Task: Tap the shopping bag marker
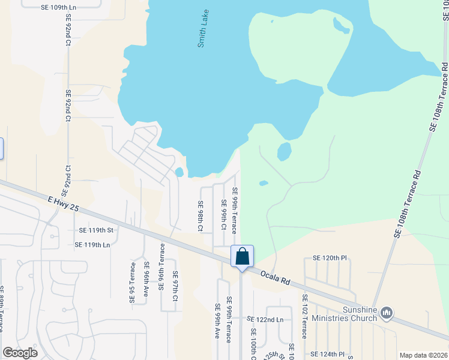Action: [242, 257]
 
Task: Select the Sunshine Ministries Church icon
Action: [387, 313]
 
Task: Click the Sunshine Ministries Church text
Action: [351, 313]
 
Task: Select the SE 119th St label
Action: [96, 230]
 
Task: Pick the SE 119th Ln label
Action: [92, 245]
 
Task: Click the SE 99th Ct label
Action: [223, 215]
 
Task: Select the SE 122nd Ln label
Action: [264, 320]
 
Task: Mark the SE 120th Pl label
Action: [330, 257]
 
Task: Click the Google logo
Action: [20, 353]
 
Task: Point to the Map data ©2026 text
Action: [423, 355]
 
